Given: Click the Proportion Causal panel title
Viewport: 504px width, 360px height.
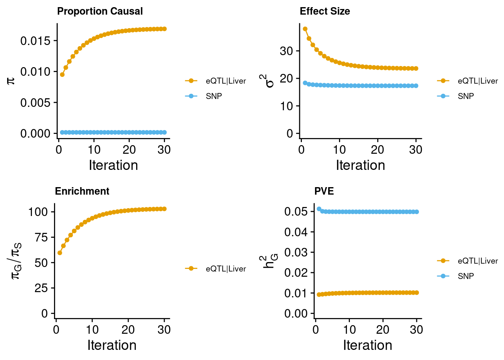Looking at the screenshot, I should [x=100, y=11].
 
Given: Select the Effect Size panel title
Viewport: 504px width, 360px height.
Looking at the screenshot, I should [x=325, y=11].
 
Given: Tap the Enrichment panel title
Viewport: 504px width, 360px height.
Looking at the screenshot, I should [x=82, y=191].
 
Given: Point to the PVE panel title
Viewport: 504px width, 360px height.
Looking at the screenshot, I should [x=324, y=191].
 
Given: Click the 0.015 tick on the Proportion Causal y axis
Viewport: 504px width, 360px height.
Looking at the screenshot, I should [x=35, y=41].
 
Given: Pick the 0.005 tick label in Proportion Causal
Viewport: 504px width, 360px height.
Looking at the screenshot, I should [x=35, y=103].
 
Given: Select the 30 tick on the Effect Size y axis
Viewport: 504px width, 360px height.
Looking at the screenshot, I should [x=286, y=51].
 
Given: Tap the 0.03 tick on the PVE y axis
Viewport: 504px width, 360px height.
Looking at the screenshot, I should [x=296, y=252].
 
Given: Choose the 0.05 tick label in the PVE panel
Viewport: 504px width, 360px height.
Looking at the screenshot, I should [x=296, y=211].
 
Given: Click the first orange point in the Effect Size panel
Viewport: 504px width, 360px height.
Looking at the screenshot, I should [x=305, y=29].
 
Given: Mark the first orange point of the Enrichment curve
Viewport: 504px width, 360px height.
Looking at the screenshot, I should [x=60, y=253].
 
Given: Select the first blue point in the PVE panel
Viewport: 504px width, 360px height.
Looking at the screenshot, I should [x=319, y=209].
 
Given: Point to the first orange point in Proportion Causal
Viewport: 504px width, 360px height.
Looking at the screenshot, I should [x=62, y=75].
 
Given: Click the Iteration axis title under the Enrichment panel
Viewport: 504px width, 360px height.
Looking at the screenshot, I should [x=112, y=345].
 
